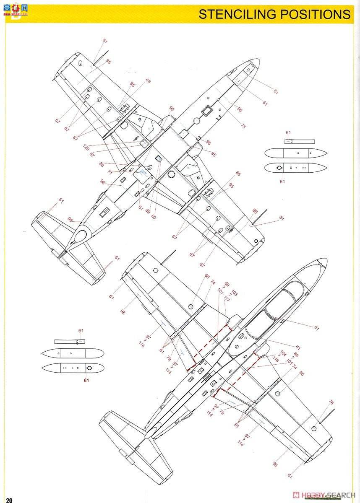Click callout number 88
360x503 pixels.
[102, 164]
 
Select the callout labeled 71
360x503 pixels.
[110, 172]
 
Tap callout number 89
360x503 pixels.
[147, 211]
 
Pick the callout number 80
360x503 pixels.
[154, 217]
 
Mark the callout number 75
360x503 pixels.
[243, 126]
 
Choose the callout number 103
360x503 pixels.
[234, 293]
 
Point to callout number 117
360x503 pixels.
[227, 299]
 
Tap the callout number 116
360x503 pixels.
[275, 360]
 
